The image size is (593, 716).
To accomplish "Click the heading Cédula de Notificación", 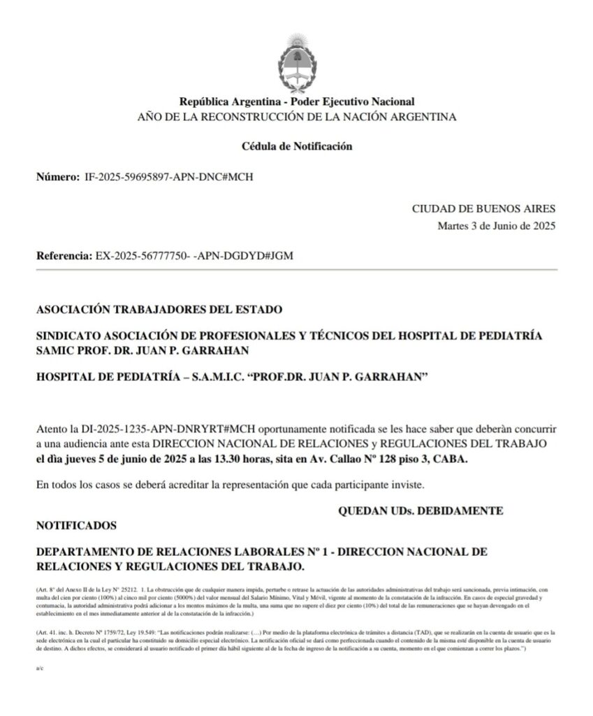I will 297,146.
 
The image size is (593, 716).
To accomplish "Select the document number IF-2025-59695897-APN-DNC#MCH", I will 168,176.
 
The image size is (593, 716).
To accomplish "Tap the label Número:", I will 58,176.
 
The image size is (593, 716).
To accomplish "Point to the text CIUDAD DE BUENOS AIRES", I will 484,208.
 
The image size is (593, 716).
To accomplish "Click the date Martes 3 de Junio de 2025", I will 497,225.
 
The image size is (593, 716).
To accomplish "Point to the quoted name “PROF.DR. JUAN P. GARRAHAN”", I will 367,376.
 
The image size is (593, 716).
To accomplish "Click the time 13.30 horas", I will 254,459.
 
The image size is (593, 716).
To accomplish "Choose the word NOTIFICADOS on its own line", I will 77,524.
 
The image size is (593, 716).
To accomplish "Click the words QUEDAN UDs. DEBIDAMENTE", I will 420,511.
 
